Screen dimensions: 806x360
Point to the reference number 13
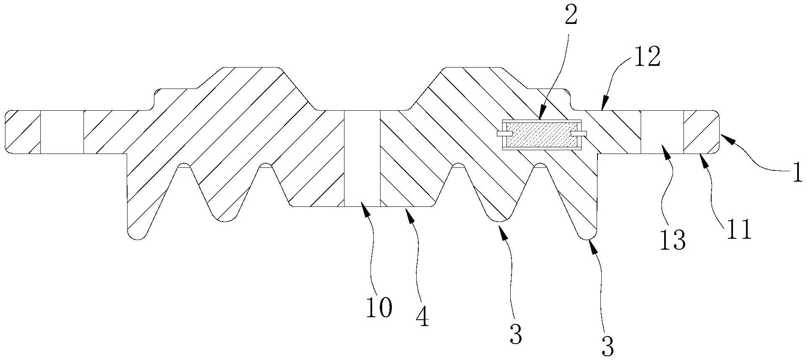pyautogui.click(x=673, y=240)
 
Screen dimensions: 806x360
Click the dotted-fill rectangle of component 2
pyautogui.click(x=541, y=134)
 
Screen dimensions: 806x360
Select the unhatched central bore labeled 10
pyautogui.click(x=362, y=159)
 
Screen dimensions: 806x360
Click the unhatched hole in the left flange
pyautogui.click(x=62, y=132)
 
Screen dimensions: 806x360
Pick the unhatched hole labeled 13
pyautogui.click(x=662, y=132)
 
